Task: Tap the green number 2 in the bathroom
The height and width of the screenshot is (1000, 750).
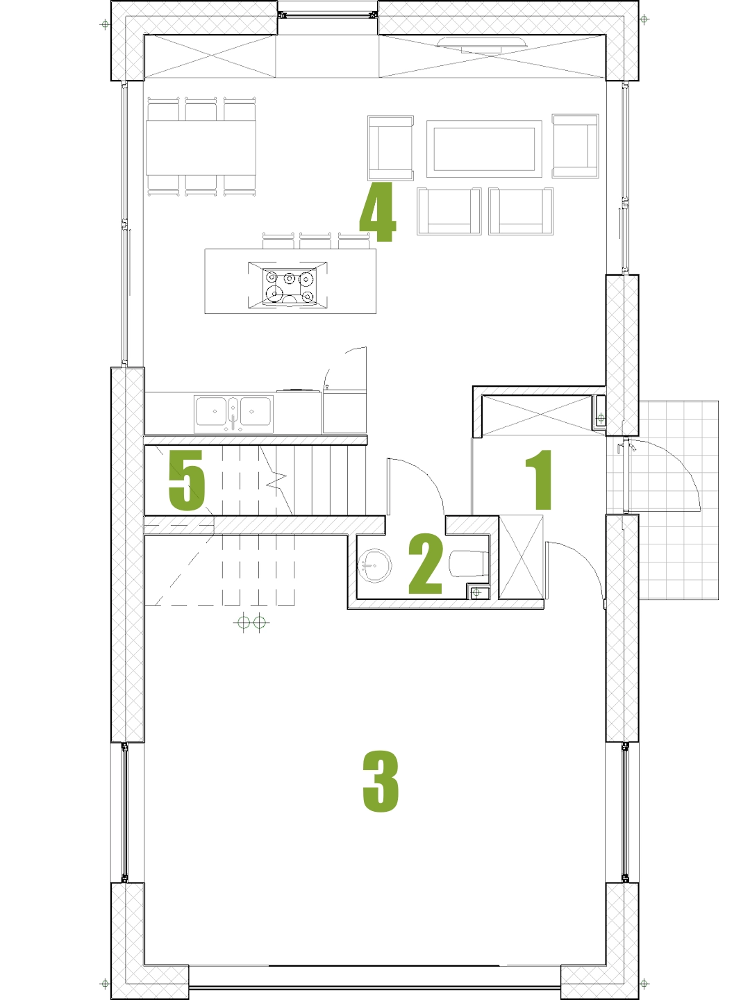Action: pos(425,564)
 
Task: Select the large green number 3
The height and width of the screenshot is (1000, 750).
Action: pos(381,781)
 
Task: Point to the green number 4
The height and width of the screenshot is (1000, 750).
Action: pos(378,212)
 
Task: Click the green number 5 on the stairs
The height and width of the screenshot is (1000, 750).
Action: pos(187,480)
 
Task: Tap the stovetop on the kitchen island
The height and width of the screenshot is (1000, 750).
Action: pos(287,285)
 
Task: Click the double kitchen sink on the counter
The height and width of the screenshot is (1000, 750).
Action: pos(233,414)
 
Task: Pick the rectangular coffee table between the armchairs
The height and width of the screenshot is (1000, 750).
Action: pos(484,149)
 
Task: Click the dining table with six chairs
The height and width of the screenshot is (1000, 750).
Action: pos(201,147)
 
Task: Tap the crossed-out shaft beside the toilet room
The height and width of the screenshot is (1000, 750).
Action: pos(522,557)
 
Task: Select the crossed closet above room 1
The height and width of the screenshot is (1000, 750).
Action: pos(537,415)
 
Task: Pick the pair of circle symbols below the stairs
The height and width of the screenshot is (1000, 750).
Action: pos(251,622)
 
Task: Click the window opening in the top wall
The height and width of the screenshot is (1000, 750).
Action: pos(328,15)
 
